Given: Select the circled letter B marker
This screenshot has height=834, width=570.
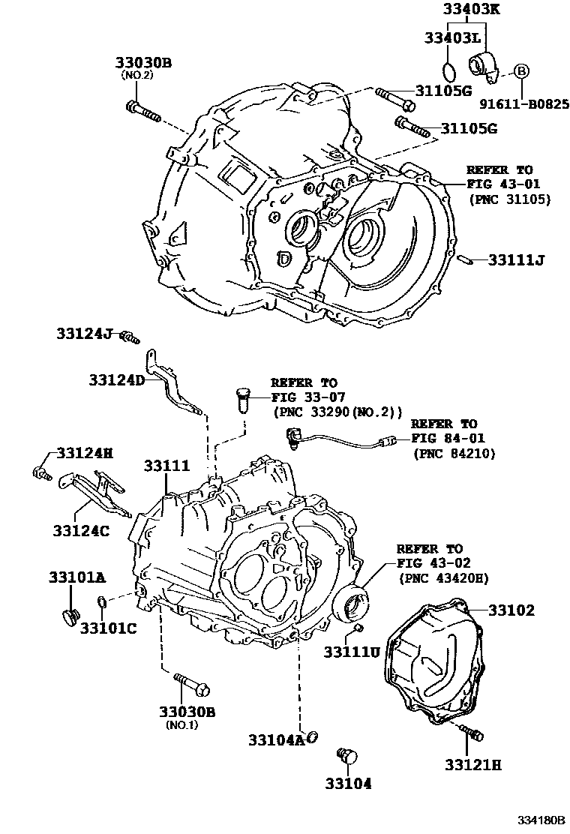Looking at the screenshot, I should pyautogui.click(x=521, y=71).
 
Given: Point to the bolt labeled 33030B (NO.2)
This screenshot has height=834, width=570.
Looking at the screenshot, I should pyautogui.click(x=144, y=110).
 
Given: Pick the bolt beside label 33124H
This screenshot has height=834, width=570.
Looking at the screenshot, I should pyautogui.click(x=40, y=472).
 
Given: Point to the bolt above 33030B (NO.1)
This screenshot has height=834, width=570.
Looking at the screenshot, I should pyautogui.click(x=192, y=684).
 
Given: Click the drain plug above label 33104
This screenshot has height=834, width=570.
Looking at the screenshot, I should pyautogui.click(x=346, y=754).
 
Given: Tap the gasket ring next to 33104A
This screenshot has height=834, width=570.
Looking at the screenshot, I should pyautogui.click(x=311, y=737).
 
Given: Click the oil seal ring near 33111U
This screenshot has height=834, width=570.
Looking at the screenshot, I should pyautogui.click(x=353, y=604).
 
